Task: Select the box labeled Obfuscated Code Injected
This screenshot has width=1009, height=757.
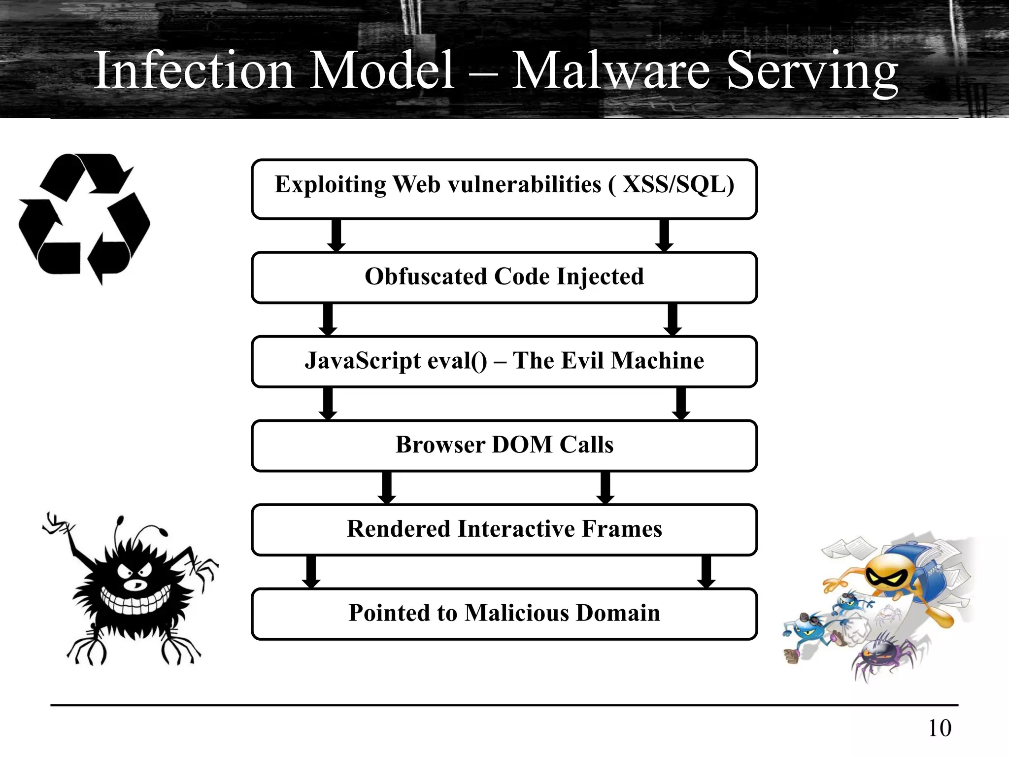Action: [x=504, y=277]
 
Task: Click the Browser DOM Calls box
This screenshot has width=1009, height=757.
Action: [x=504, y=445]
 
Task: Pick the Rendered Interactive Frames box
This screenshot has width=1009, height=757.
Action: [x=504, y=529]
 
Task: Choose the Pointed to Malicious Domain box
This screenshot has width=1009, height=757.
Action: [x=504, y=614]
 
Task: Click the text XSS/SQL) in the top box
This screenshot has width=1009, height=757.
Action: [x=678, y=185]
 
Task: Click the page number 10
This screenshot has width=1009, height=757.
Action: [x=939, y=728]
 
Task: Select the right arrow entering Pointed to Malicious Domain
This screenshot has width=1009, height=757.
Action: [x=706, y=572]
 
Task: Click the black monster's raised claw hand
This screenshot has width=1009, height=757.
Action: [x=57, y=525]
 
